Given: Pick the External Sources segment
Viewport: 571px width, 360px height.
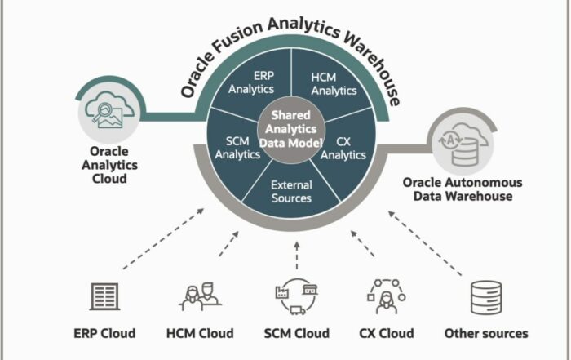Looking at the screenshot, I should tap(291, 191).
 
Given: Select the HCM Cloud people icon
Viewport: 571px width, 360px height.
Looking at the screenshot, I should tap(200, 296).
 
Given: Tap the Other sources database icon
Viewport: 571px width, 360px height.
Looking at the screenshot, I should tap(485, 297).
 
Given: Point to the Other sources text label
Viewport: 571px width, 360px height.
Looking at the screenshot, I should tap(485, 333).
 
